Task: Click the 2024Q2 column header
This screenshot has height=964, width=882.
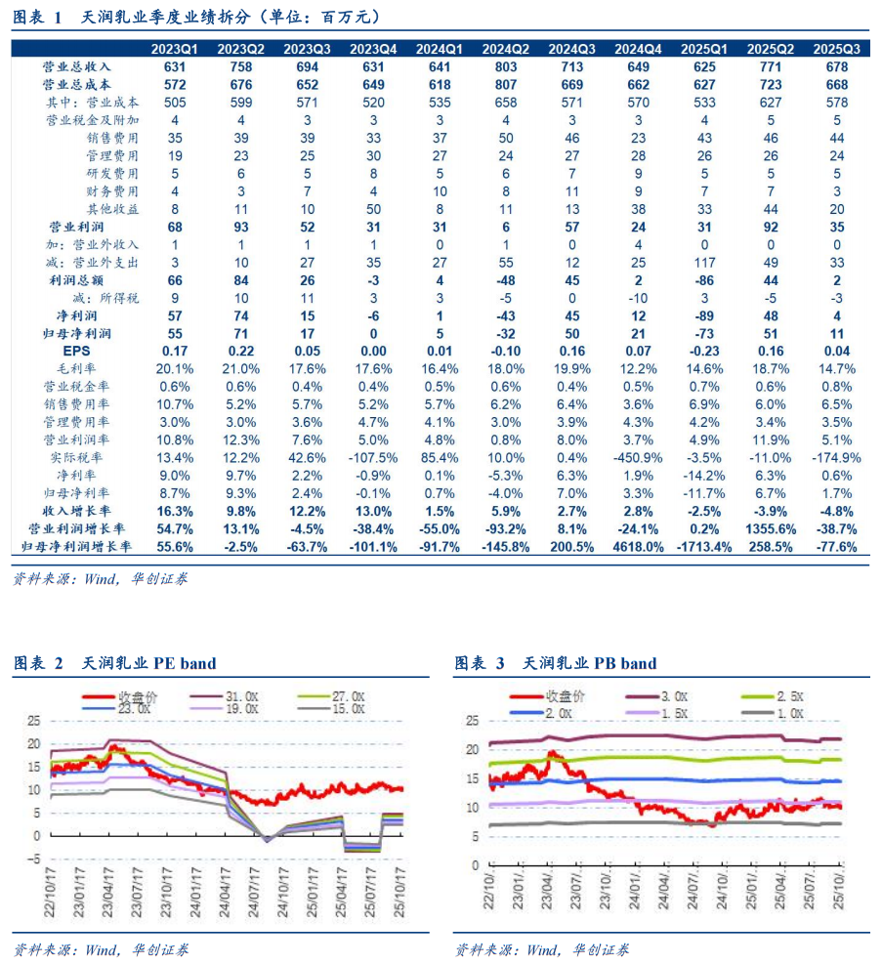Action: pyautogui.click(x=506, y=49)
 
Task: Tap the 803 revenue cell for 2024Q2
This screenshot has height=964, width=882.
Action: pyautogui.click(x=506, y=66)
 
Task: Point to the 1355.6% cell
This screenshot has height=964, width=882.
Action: pyautogui.click(x=771, y=529)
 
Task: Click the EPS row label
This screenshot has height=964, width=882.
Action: pyautogui.click(x=76, y=351)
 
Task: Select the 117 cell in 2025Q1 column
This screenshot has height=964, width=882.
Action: pyautogui.click(x=705, y=262)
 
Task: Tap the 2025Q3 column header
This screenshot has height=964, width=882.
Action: pyautogui.click(x=837, y=49)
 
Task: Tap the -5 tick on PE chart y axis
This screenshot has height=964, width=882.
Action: pyautogui.click(x=34, y=859)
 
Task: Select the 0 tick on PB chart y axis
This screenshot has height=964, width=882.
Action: pyautogui.click(x=476, y=865)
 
